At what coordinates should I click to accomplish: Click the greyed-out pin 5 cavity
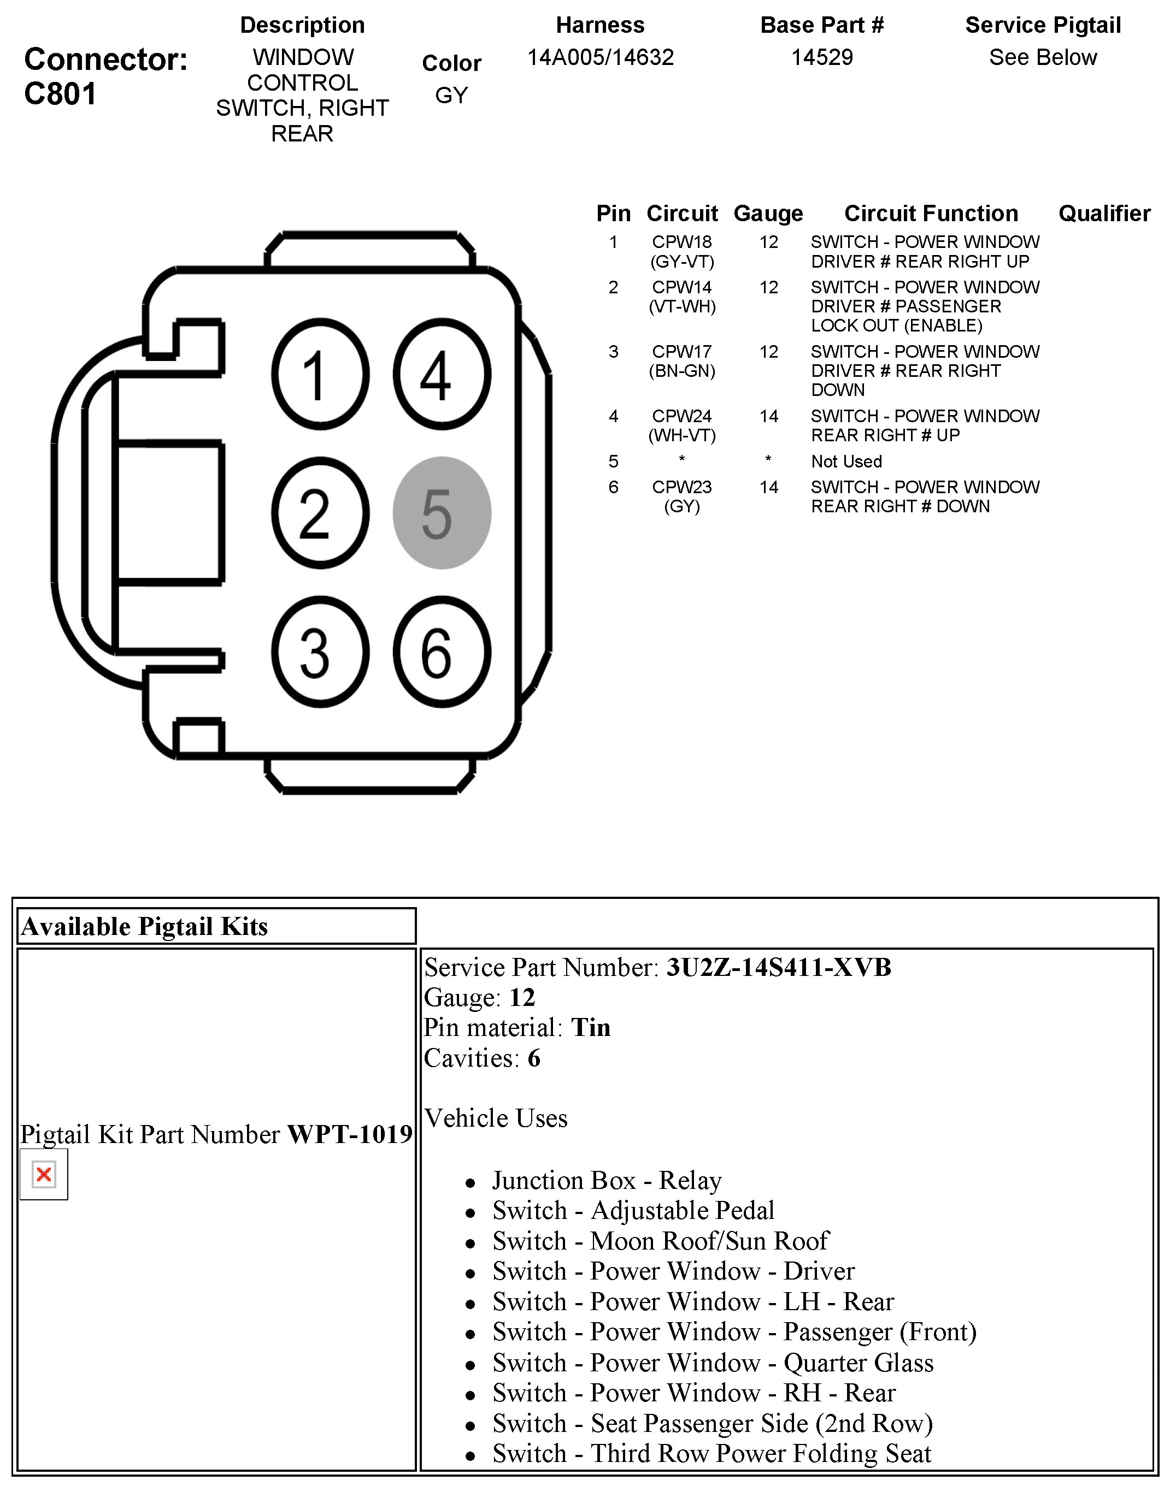click(442, 513)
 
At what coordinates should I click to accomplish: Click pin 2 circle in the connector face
click(320, 513)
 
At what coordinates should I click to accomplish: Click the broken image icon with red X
click(43, 1175)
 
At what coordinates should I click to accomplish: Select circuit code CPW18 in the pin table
click(681, 242)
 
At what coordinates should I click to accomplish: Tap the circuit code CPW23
click(681, 487)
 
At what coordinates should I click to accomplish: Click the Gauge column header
click(768, 214)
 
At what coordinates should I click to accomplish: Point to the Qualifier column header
click(1104, 214)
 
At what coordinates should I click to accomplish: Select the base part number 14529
click(821, 57)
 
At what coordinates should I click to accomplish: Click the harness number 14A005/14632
click(601, 57)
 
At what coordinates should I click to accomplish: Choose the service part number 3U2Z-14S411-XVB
click(778, 968)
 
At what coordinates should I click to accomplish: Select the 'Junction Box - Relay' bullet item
click(607, 1180)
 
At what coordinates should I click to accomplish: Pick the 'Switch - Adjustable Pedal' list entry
click(633, 1211)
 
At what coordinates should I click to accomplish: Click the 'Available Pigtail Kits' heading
click(145, 926)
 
